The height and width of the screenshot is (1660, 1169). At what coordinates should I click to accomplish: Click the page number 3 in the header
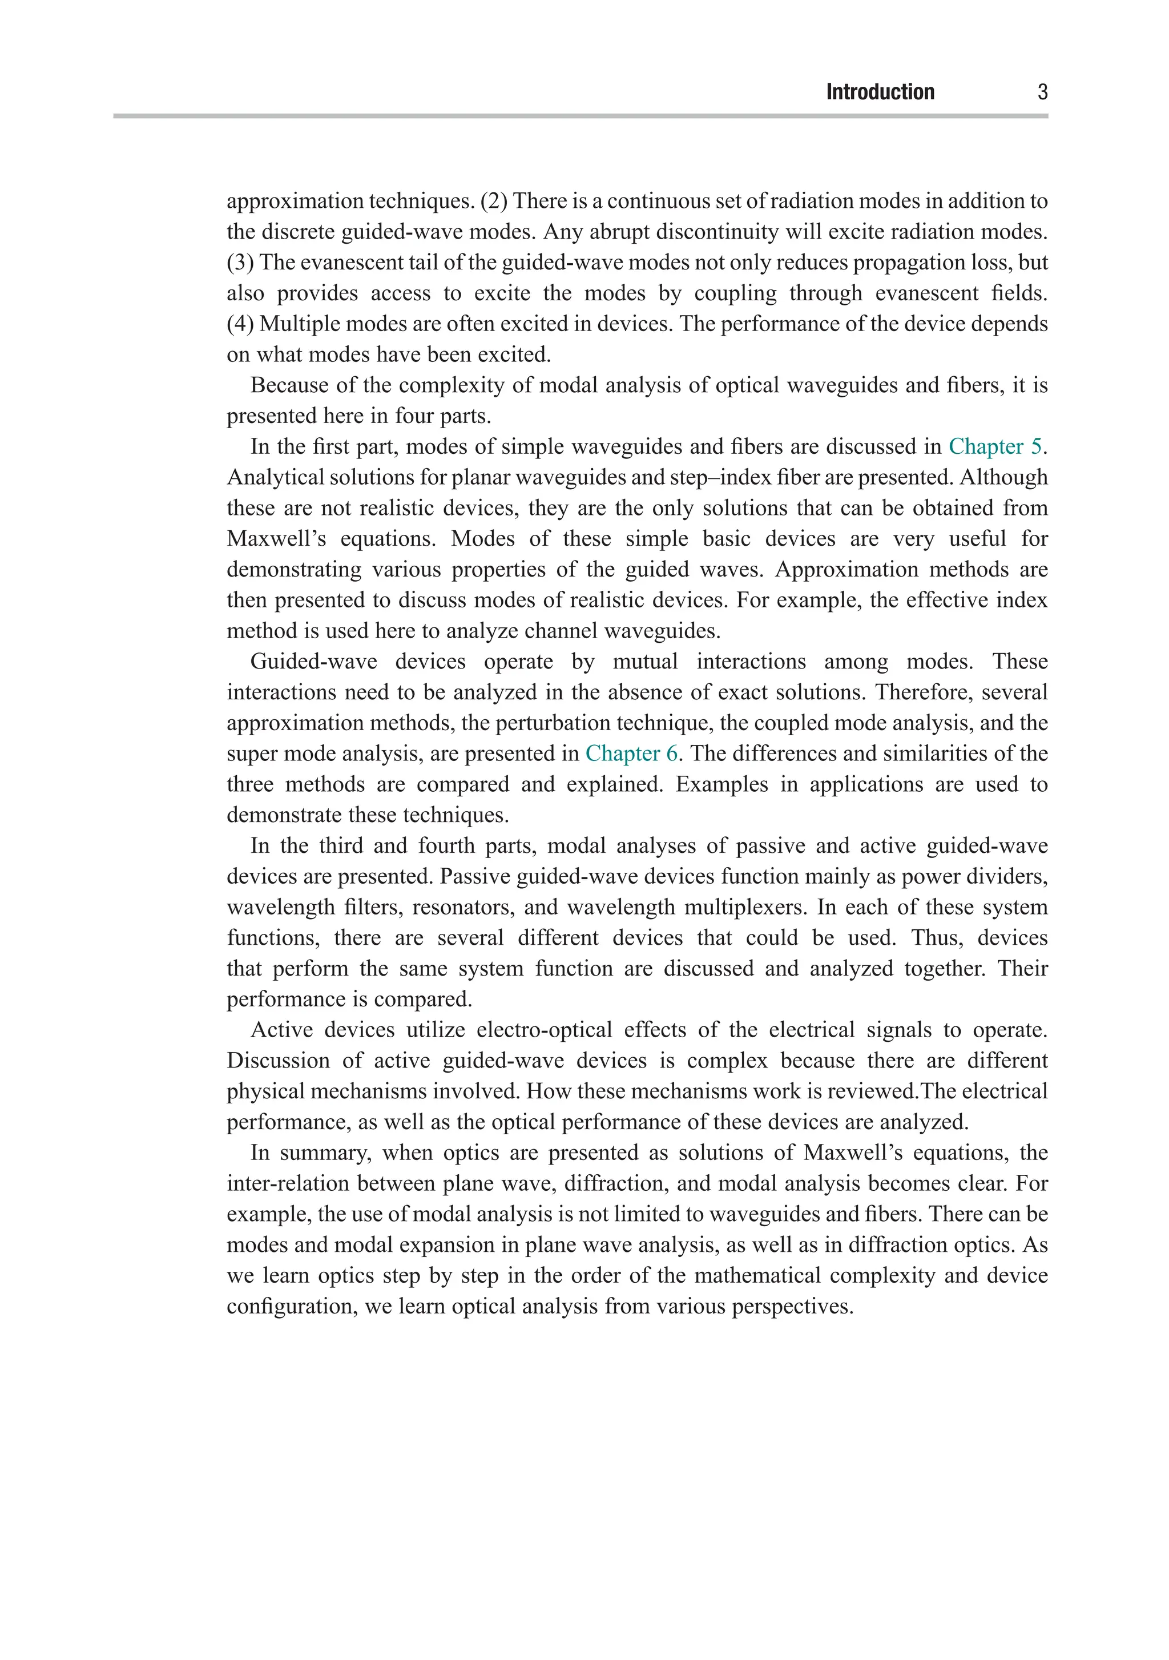coord(1042,92)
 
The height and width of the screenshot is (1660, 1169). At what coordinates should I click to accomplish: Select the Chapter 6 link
coord(631,754)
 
